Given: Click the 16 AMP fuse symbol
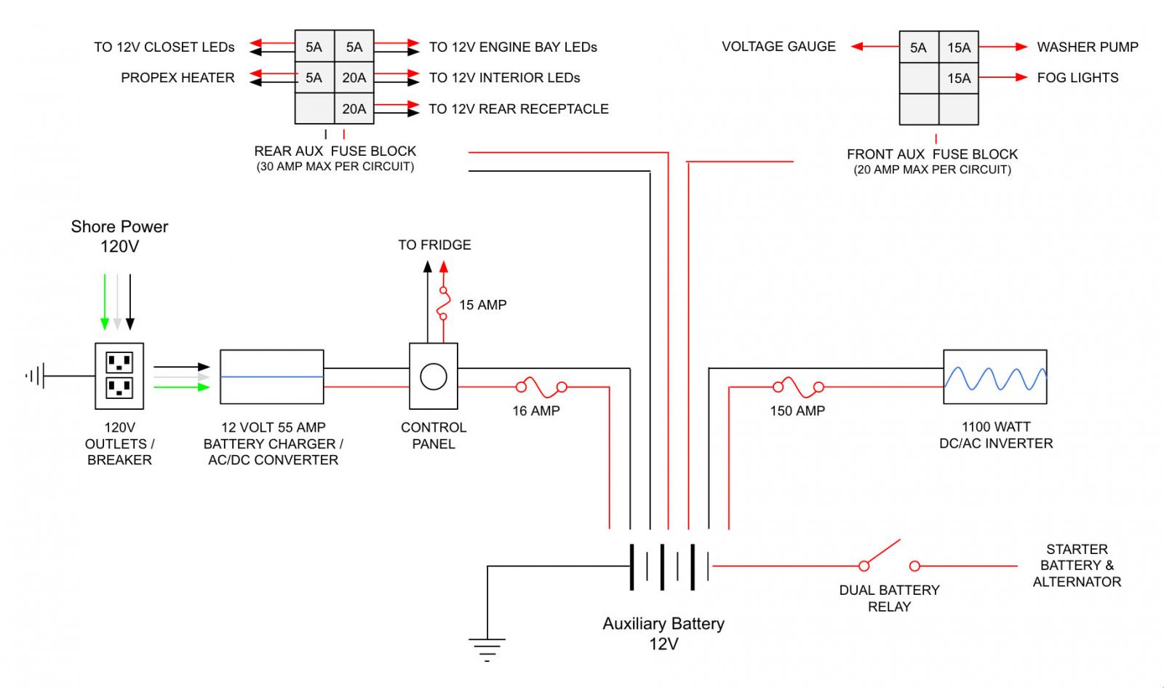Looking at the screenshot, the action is [x=541, y=387].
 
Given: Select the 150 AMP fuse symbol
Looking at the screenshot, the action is [x=798, y=387].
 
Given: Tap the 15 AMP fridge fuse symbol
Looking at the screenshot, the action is [x=443, y=304].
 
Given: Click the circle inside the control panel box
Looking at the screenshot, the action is [x=434, y=377].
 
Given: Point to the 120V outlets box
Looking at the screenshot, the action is [x=119, y=376].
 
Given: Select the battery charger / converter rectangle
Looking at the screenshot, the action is [x=272, y=377].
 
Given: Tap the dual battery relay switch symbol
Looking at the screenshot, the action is [x=889, y=556].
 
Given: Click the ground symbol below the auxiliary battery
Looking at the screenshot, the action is [x=487, y=649].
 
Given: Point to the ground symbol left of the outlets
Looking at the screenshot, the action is [x=36, y=376].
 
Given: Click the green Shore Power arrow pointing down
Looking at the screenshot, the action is [x=105, y=301].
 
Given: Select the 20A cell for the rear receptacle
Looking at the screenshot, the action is [x=354, y=108].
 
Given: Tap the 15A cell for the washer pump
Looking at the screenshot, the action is [x=959, y=47].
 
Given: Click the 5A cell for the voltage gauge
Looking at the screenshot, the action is [x=919, y=47].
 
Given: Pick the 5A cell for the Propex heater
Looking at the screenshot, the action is [x=314, y=78].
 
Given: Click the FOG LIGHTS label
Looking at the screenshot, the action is [x=1077, y=78].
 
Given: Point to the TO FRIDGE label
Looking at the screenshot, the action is [x=434, y=245].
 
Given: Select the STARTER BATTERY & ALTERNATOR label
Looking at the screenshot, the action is [x=1077, y=565].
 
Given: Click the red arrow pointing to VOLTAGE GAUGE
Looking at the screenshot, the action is [x=875, y=47].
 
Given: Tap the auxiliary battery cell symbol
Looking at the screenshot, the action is [x=670, y=567].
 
